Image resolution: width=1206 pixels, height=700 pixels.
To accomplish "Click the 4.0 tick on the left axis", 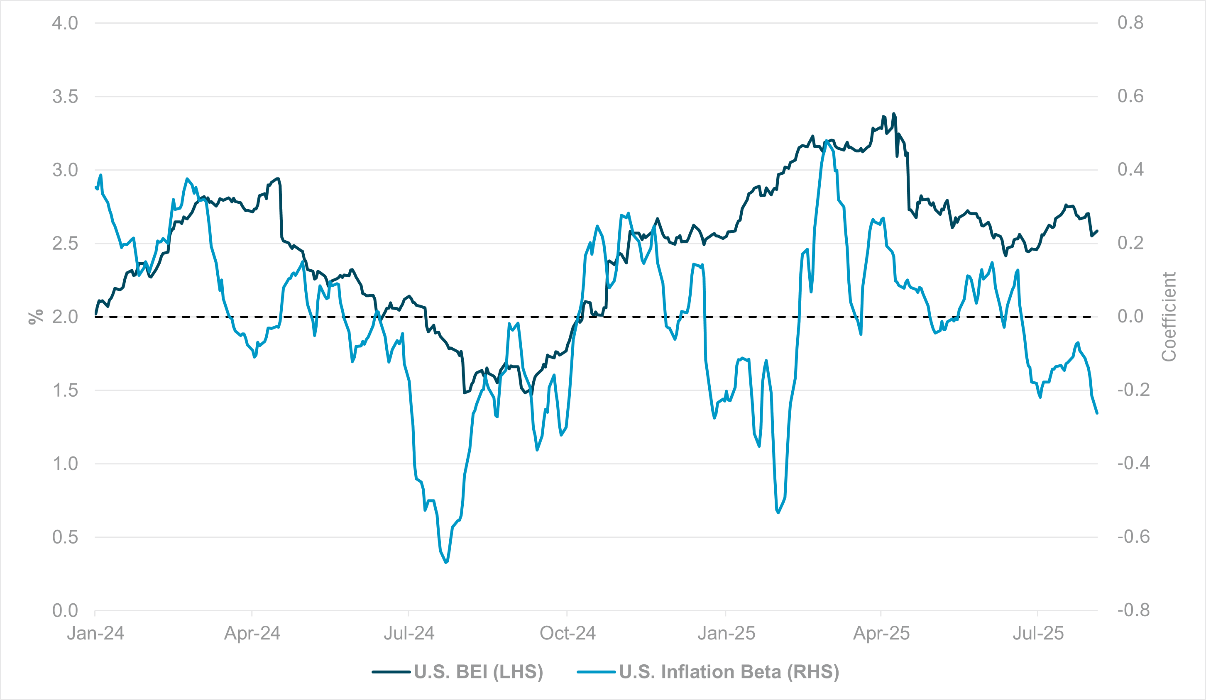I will [x=65, y=23].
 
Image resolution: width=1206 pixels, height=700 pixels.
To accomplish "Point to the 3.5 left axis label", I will [x=65, y=97].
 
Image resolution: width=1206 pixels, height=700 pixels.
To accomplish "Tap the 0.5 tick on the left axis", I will [x=65, y=537].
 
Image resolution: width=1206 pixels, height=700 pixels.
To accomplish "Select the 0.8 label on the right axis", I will [x=1130, y=23].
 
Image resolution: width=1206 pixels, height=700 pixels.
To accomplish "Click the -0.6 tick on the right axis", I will [x=1133, y=537].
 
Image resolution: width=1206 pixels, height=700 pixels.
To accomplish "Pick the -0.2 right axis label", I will [x=1133, y=390].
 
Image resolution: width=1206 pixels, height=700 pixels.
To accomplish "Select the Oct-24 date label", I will [x=568, y=634].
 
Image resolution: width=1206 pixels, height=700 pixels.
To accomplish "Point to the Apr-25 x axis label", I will [x=881, y=634].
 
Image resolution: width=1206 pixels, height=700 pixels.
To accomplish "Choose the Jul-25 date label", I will [x=1038, y=634].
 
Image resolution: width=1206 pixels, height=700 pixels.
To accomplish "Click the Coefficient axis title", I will [x=1169, y=317].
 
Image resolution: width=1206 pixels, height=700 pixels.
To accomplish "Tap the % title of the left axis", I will [x=36, y=317].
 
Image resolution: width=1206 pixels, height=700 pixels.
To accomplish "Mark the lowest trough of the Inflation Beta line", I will [x=446, y=562].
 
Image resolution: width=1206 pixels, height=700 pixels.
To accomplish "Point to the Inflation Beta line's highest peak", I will [x=827, y=141].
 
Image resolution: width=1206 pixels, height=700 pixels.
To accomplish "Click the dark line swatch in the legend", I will [x=391, y=672].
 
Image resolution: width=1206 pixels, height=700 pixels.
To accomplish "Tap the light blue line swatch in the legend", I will [x=596, y=672].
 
